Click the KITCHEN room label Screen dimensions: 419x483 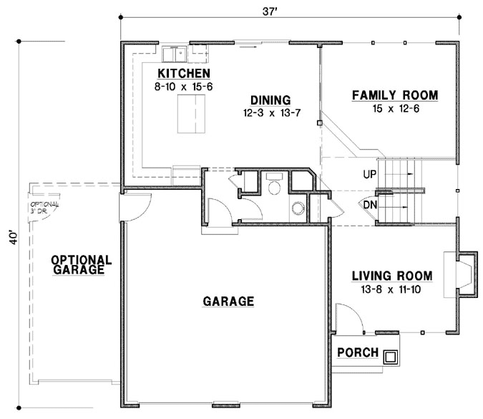coord(183,74)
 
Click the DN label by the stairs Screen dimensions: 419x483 coord(370,205)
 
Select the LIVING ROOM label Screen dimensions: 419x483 coord(391,276)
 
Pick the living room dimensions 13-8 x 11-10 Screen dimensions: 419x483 coord(391,288)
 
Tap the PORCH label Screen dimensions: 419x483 coord(358,352)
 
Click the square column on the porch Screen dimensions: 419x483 coord(390,356)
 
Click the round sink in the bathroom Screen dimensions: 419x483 coord(297,210)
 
